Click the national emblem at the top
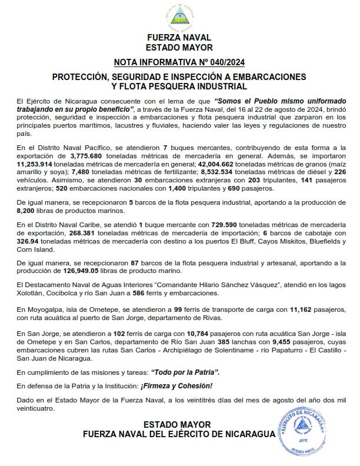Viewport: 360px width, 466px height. pyautogui.click(x=179, y=16)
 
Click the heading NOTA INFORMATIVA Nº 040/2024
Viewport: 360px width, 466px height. pyautogui.click(x=179, y=62)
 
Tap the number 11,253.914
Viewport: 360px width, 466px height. pyautogui.click(x=35, y=165)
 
